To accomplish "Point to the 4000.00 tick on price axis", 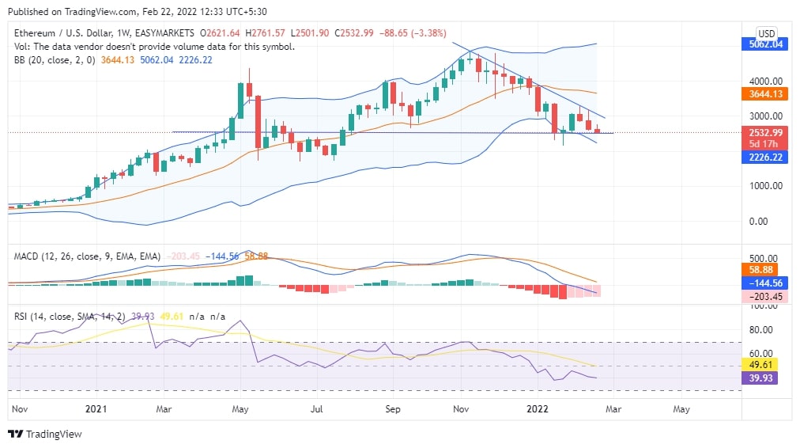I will pos(766,81).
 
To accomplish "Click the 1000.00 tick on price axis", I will pos(766,186).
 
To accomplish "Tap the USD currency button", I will pos(766,33).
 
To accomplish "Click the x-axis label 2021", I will pos(95,409).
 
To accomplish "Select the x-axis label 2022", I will pos(538,409).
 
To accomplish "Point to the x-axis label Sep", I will pos(393,409).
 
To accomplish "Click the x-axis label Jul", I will pos(316,409).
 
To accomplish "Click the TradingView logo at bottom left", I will pos(45,434).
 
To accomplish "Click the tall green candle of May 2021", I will pos(240,101).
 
